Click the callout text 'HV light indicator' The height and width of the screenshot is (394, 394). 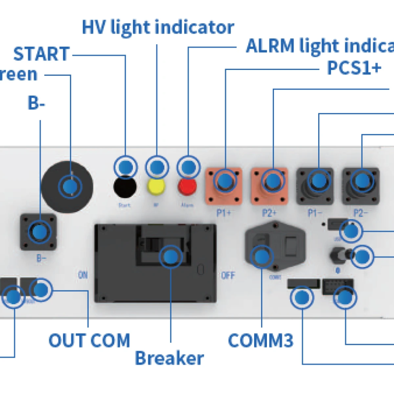pyautogui.click(x=158, y=27)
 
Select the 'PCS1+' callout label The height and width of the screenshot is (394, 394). pyautogui.click(x=354, y=67)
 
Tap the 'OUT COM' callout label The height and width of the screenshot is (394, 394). pyautogui.click(x=89, y=340)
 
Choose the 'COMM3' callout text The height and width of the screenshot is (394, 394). pyautogui.click(x=261, y=340)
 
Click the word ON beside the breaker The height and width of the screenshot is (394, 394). pyautogui.click(x=82, y=275)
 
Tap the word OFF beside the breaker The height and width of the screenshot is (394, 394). pyautogui.click(x=228, y=275)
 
